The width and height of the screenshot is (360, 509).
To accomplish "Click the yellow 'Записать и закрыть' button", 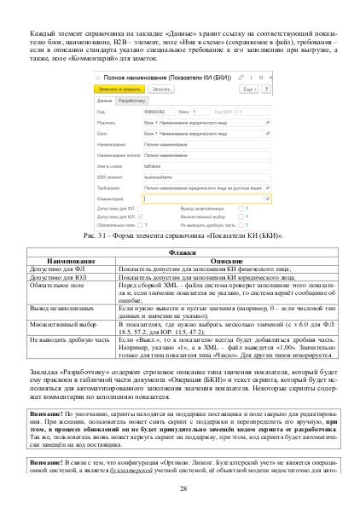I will tap(117, 88).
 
